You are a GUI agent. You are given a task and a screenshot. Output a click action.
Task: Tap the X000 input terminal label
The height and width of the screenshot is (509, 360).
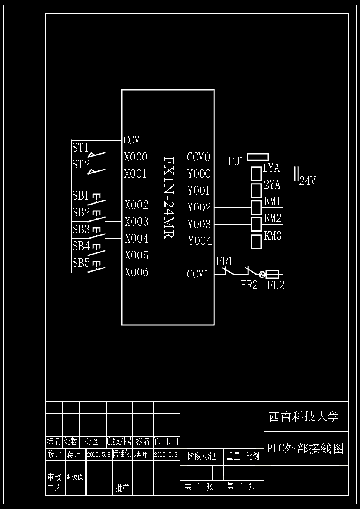point(136,157)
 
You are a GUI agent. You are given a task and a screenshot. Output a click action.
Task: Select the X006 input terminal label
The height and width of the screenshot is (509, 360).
point(137,273)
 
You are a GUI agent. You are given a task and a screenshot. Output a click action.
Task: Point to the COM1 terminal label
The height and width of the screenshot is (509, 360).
point(198,275)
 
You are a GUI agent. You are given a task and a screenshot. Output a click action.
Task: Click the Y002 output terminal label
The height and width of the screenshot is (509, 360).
point(199,208)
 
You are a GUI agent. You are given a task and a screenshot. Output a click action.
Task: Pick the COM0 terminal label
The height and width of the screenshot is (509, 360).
point(198,157)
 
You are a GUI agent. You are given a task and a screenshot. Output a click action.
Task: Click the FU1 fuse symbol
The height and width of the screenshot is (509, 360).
point(258,157)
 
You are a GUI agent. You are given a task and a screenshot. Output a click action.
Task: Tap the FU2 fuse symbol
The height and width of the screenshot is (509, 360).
point(273,274)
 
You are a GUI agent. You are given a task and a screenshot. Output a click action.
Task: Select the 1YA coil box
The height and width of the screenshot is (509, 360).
point(256,174)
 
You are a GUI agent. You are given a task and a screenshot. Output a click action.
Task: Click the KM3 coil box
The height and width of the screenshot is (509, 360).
point(256,242)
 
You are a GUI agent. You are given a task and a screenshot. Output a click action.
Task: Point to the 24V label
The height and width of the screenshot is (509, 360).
point(308,181)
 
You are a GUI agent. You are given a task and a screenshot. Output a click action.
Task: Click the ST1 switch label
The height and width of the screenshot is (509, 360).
point(80,148)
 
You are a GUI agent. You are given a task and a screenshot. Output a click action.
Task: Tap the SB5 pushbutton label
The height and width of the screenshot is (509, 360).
point(81,263)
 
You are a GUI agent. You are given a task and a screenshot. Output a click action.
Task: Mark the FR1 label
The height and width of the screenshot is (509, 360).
point(224,261)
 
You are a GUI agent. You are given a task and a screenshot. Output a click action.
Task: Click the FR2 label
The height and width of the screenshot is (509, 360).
point(249,285)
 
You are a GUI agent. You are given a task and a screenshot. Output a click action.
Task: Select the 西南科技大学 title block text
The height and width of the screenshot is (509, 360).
point(304,417)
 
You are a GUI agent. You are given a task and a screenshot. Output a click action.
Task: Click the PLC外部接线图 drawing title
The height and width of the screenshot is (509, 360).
point(305,448)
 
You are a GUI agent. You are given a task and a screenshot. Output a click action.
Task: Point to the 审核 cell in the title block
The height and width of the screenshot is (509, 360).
point(54,477)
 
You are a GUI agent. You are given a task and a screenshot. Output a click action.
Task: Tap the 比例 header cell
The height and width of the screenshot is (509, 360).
point(253,457)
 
